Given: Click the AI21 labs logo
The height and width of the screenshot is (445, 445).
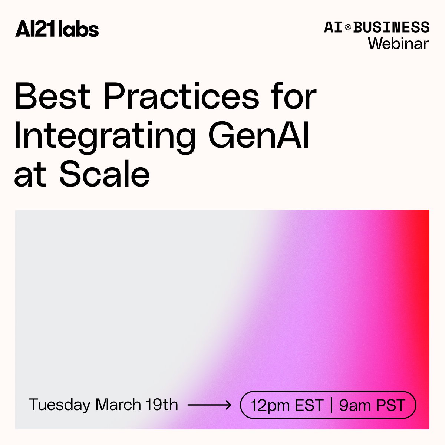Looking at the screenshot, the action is coord(57,29).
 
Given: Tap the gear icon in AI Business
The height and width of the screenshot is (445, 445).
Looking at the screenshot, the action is coord(348,27).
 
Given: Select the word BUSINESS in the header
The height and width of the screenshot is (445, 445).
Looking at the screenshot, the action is coord(392,27).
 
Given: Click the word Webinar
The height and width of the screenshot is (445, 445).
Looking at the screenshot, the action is coord(398,44).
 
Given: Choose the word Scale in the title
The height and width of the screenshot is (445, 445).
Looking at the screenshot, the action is coord(105,174).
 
